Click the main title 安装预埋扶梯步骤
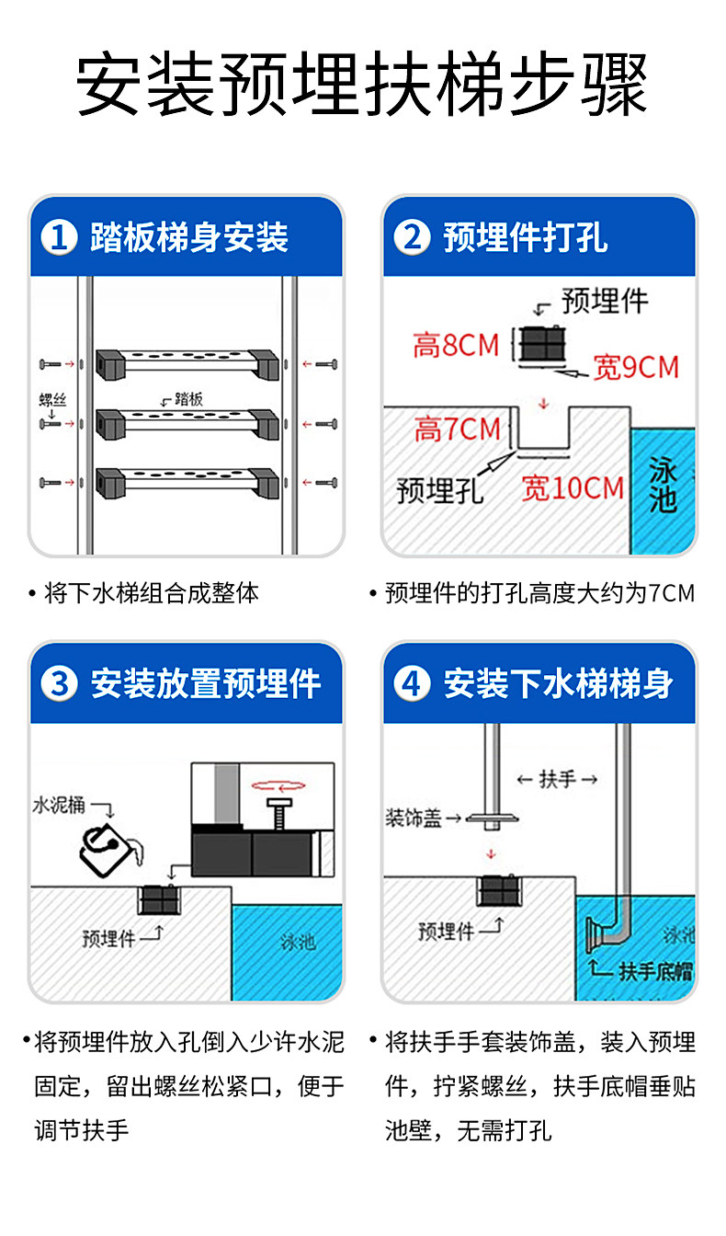[x=362, y=86]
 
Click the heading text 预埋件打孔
[x=525, y=238]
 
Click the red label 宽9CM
[x=636, y=368]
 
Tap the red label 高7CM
[x=457, y=429]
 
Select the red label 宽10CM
[x=573, y=487]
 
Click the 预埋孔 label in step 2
[x=439, y=490]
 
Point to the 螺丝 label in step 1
[x=52, y=399]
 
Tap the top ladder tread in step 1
[x=187, y=362]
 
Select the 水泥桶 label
[x=59, y=805]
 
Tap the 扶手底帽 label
[x=655, y=971]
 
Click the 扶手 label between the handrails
[x=557, y=780]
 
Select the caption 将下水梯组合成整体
[x=152, y=593]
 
